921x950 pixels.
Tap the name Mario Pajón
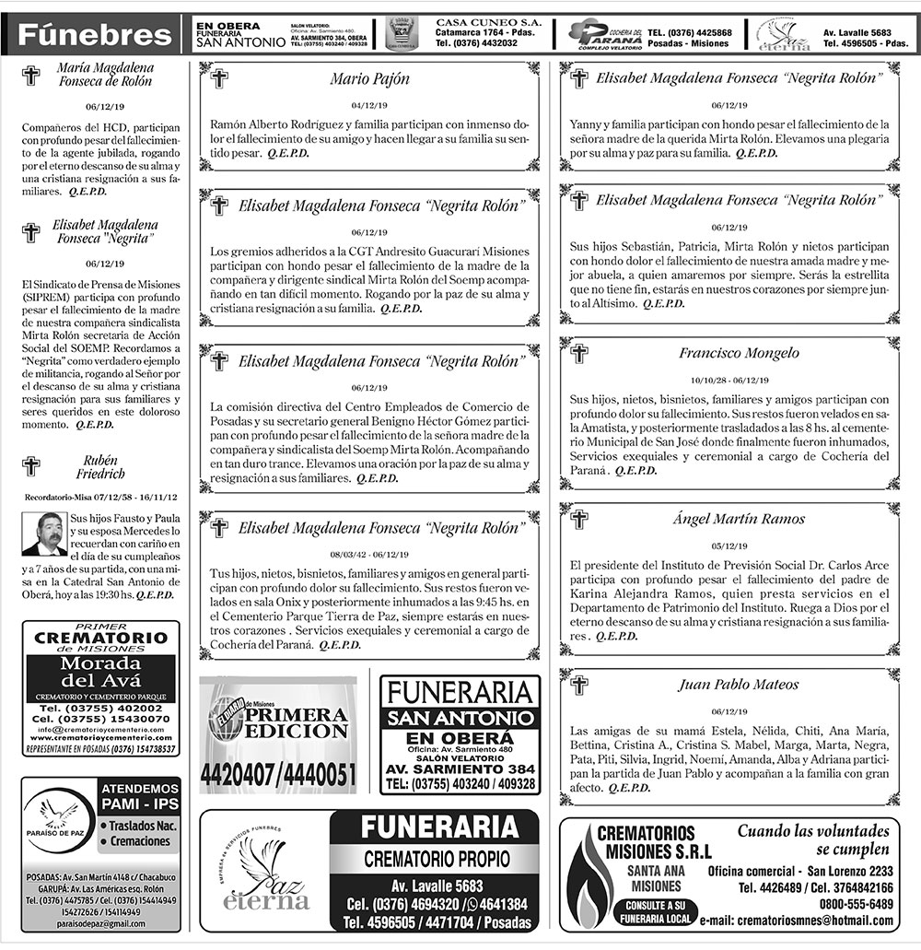pos(369,79)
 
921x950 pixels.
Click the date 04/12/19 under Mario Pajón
pos(369,105)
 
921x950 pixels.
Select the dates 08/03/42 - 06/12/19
pos(369,555)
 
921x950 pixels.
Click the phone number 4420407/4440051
pos(278,775)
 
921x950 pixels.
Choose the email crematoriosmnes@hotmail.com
pos(797,921)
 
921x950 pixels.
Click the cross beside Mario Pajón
pos(219,79)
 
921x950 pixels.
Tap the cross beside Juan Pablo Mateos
pos(579,685)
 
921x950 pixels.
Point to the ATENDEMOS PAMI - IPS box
pos(139,797)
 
